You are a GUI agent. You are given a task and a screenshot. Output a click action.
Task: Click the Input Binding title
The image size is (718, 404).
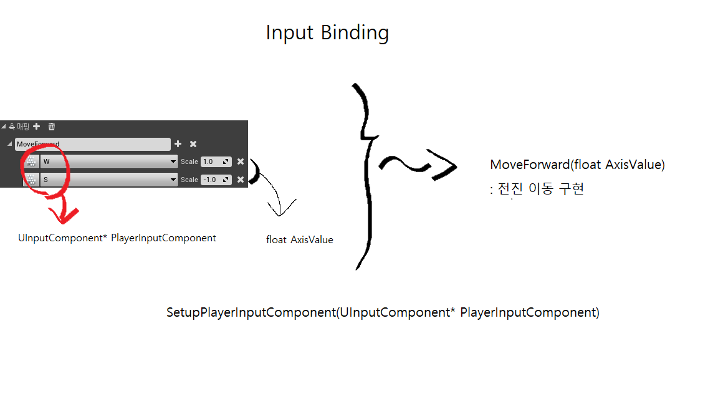327,32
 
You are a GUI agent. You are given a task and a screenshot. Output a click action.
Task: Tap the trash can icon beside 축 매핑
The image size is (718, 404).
52,127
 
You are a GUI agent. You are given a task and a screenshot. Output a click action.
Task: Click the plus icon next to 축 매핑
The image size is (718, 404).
37,127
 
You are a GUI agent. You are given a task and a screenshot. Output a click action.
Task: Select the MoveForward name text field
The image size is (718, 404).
92,144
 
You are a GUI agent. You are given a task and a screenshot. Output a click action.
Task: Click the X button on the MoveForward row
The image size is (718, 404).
193,144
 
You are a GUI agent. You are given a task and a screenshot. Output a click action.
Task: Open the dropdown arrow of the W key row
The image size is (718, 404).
173,161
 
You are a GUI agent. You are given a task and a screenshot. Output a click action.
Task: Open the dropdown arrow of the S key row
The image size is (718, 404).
173,180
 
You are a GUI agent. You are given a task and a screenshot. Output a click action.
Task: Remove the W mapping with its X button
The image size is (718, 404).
241,161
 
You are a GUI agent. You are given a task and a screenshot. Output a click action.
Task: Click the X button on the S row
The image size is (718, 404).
241,180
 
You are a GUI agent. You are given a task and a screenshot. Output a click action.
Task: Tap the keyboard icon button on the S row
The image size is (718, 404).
31,180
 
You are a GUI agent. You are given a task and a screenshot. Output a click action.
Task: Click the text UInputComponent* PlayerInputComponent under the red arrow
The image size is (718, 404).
117,238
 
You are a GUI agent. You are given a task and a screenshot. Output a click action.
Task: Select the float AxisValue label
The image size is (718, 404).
299,239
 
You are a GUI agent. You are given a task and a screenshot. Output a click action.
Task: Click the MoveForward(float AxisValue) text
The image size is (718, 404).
577,165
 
